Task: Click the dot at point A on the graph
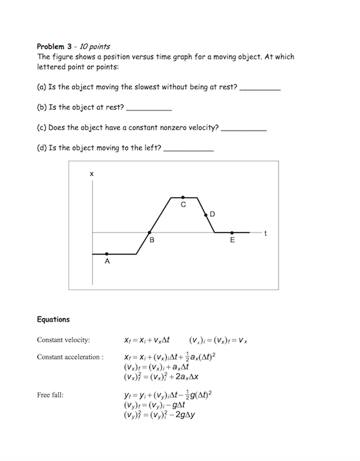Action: click(107, 254)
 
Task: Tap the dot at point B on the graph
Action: click(149, 232)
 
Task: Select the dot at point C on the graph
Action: click(183, 197)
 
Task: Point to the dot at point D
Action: click(206, 214)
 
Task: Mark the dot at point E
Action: click(232, 232)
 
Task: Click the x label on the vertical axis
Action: click(92, 174)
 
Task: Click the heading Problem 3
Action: click(57, 46)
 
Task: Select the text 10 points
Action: click(94, 46)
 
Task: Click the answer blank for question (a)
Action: click(260, 90)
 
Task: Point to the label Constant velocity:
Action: click(63, 340)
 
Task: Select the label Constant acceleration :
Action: click(70, 357)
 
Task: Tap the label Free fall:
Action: click(50, 394)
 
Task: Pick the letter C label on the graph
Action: click(183, 205)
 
